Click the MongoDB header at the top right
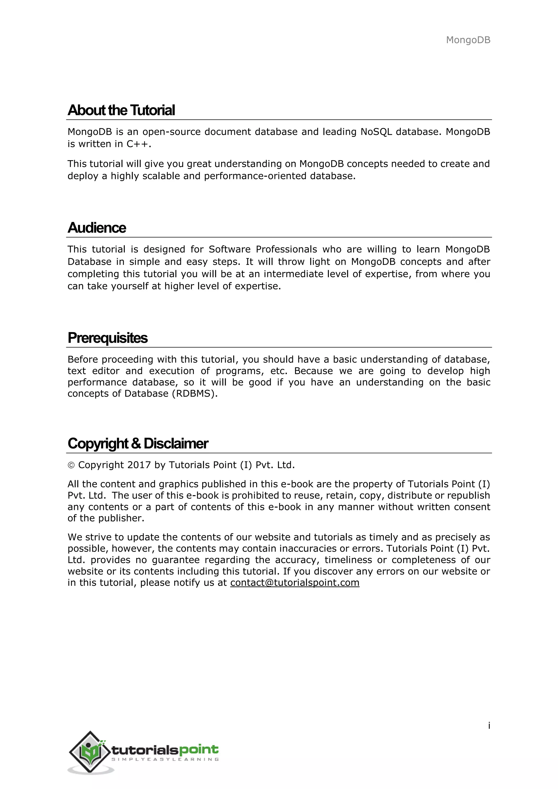tap(468, 40)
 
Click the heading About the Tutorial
tap(121, 110)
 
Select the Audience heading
tap(97, 228)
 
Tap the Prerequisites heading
tap(108, 338)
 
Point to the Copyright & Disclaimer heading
tap(138, 444)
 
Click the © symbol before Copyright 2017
tap(71, 465)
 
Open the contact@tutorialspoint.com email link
tap(295, 582)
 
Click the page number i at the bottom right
tap(489, 726)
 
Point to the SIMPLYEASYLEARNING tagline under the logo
tap(165, 759)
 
